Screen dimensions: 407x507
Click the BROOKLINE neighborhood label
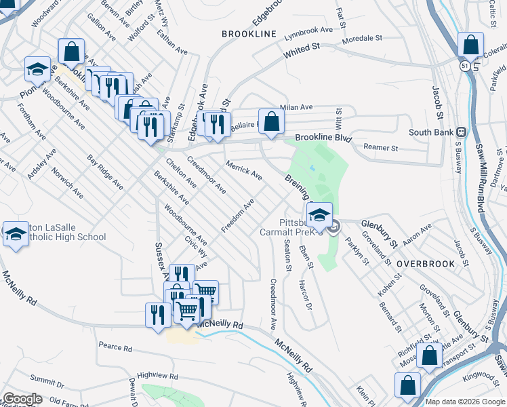249,34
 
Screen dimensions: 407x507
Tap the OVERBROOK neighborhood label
422,263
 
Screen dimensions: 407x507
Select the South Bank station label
431,132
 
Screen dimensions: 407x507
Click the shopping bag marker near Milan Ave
271,122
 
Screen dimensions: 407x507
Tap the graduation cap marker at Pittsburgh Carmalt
319,215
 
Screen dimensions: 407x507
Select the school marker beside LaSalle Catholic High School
16,234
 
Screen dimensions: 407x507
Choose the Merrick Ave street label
244,170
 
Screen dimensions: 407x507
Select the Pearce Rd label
115,347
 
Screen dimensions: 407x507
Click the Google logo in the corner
22,399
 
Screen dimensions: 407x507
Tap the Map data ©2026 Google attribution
464,402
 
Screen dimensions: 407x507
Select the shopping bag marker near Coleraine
470,45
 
